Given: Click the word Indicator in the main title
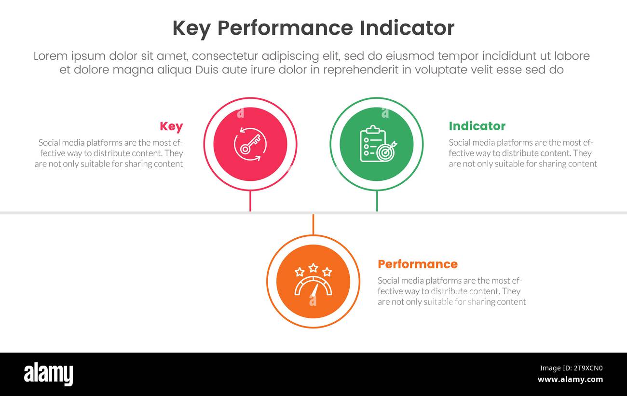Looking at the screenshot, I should click(407, 28).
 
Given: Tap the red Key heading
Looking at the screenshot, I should click(171, 126).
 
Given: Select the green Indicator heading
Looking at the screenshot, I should click(477, 126).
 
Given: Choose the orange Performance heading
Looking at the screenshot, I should click(417, 264).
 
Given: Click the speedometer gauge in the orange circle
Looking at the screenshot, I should click(313, 287).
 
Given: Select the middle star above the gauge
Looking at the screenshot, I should click(313, 267).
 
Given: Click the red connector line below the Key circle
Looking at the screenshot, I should click(250, 201).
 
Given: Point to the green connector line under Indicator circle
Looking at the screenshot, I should click(377, 201).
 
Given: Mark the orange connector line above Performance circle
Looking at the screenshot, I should click(313, 225).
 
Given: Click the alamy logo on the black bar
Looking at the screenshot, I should click(48, 374).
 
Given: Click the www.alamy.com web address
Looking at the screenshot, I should click(571, 380).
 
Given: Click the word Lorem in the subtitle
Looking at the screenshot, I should click(51, 56).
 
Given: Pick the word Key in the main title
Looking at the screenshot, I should click(191, 28).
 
